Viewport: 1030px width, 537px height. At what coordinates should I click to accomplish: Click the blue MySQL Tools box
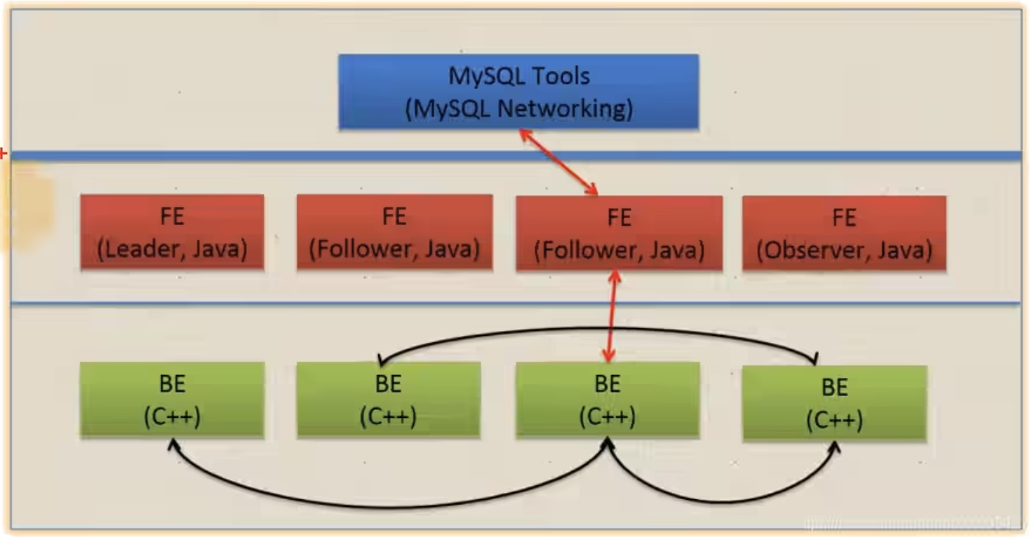[x=518, y=91]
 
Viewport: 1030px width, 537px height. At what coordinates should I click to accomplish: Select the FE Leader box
[x=172, y=232]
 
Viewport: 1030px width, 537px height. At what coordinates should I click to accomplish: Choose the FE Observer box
[x=843, y=233]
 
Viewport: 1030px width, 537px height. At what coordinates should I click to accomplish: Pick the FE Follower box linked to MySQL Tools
[x=619, y=233]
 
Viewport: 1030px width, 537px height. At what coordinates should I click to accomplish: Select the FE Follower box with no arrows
[x=394, y=232]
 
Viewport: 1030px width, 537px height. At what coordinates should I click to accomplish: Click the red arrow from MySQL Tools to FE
[x=559, y=163]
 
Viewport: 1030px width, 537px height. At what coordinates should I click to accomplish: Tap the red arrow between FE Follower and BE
[x=611, y=315]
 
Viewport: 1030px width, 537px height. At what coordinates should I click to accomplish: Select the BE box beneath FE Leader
[x=172, y=400]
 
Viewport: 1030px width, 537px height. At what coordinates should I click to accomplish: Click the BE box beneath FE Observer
[x=834, y=403]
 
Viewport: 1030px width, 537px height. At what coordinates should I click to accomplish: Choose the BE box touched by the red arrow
[x=607, y=400]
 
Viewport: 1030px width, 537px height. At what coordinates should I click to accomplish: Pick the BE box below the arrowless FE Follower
[x=388, y=400]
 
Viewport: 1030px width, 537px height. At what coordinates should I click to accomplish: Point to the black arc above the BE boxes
[x=596, y=329]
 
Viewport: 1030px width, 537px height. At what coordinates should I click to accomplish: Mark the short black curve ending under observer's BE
[x=723, y=501]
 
